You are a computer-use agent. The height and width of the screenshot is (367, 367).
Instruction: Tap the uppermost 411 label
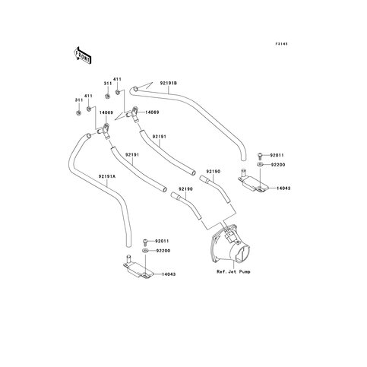pyautogui.click(x=117, y=79)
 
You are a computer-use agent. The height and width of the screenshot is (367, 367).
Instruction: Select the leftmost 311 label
pyautogui.click(x=79, y=100)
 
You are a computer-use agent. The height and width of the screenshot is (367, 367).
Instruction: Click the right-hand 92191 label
pyautogui.click(x=159, y=136)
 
